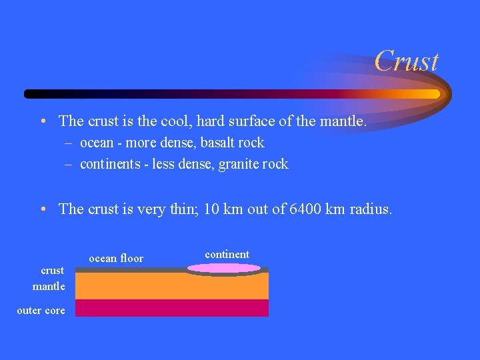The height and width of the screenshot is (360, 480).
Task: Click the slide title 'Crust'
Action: click(406, 61)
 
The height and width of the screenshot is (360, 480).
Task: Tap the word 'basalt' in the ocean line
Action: click(209, 143)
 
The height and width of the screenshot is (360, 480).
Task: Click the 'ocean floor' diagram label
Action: click(116, 259)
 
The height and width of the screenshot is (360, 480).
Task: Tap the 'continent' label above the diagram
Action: click(227, 254)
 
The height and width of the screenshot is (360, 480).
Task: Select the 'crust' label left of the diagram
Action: click(53, 270)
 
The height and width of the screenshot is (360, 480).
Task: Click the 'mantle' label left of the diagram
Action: click(49, 287)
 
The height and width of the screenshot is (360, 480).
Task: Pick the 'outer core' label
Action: click(41, 311)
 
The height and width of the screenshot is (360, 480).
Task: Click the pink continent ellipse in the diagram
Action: click(223, 268)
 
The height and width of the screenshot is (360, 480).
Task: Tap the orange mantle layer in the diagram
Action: click(171, 286)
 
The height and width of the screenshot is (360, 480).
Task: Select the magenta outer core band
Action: click(171, 308)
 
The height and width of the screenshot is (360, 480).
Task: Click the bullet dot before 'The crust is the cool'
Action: click(42, 121)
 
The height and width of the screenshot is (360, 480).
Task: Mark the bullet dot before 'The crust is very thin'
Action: click(42, 209)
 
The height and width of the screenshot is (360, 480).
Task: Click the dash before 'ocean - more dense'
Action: click(69, 143)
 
